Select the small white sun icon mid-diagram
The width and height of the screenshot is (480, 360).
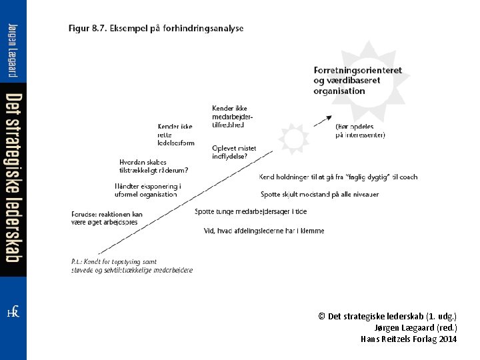(x=291, y=139)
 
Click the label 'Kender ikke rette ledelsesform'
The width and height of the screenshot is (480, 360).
(x=176, y=134)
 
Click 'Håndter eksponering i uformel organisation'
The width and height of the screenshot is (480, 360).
(x=147, y=190)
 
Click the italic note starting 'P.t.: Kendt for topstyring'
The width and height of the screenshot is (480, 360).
(x=131, y=265)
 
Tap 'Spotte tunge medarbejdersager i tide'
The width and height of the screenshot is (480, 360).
(x=251, y=211)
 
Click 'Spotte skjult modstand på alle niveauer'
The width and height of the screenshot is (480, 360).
(x=319, y=194)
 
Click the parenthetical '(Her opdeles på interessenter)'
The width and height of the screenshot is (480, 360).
(x=360, y=130)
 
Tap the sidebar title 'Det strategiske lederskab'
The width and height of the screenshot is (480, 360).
(x=13, y=179)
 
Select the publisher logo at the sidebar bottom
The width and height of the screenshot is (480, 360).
(x=13, y=312)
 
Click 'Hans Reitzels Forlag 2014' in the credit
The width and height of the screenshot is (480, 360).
(x=409, y=339)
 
